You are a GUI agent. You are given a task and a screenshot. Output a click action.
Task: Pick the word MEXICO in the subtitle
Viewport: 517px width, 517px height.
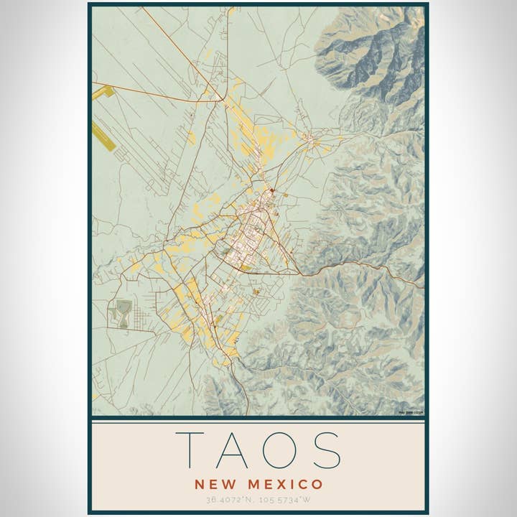pyautogui.click(x=283, y=484)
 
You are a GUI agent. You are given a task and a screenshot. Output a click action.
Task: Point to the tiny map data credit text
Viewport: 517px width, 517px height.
pyautogui.click(x=411, y=412)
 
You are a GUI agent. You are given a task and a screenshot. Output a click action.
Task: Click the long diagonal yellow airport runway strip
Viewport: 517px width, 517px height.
pyautogui.click(x=104, y=136)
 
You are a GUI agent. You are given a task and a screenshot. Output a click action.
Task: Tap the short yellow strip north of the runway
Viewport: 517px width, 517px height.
pyautogui.click(x=103, y=93)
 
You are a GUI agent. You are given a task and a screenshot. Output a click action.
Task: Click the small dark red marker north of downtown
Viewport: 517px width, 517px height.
pyautogui.click(x=272, y=190)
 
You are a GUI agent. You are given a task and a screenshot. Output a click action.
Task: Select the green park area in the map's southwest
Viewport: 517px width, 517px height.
pyautogui.click(x=121, y=313)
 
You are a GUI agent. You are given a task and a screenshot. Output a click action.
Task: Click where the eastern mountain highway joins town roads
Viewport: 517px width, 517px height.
pyautogui.click(x=299, y=274)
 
